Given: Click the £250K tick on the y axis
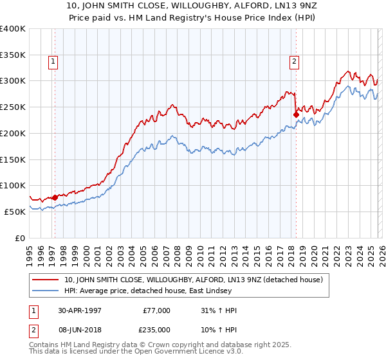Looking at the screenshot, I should (x=12, y=107).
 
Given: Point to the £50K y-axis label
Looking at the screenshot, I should (x=14, y=212).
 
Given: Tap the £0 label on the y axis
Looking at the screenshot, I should (x=20, y=238).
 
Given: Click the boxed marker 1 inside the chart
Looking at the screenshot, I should (x=52, y=62).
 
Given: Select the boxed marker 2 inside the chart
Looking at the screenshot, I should (x=294, y=62).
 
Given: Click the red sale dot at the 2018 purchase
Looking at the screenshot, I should (x=296, y=115).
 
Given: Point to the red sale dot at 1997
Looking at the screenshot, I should (x=55, y=197).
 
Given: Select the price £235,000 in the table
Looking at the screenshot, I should (x=156, y=329).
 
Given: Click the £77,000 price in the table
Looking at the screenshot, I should (x=156, y=310).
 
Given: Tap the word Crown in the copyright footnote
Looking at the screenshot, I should (x=150, y=345).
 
